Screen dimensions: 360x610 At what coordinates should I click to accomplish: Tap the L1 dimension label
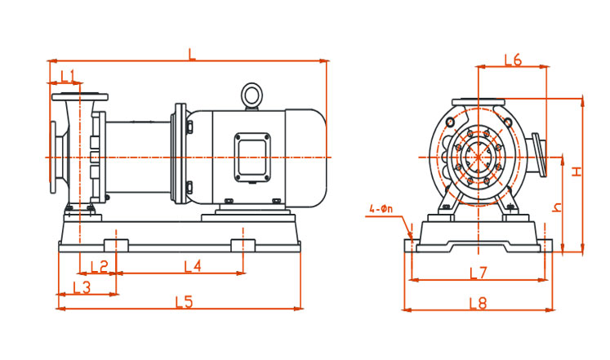[x=68, y=76]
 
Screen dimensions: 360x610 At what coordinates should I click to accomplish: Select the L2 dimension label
[x=99, y=265]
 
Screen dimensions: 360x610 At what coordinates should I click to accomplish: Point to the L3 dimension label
[x=81, y=287]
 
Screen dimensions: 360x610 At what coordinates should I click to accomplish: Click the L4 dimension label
[x=192, y=265]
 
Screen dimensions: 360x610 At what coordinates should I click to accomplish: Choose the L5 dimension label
[x=184, y=302]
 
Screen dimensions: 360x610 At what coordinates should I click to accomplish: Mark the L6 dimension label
[x=513, y=59]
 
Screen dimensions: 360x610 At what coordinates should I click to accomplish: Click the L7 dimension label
[x=479, y=272]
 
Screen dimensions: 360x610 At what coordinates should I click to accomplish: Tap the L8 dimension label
[x=479, y=304]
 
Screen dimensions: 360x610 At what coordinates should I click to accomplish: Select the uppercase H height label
[x=576, y=171]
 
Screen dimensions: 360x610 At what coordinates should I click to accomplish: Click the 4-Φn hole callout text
[x=380, y=210]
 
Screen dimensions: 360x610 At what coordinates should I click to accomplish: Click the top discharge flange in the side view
[x=79, y=96]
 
